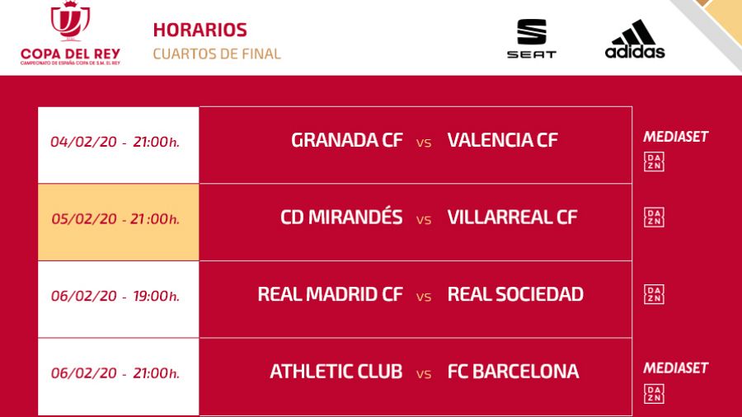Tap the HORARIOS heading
200,30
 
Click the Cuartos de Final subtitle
217,54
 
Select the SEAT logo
531,38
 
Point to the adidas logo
634,40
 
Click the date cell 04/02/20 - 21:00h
115,142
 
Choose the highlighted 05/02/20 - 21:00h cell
115,219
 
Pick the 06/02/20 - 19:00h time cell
115,296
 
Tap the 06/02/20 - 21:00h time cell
115,373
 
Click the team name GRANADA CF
347,140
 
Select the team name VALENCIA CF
502,140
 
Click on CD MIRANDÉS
341,218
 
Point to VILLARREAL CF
512,218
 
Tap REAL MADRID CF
330,294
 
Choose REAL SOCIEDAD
515,294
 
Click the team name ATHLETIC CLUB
336,372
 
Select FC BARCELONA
513,372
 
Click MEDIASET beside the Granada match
675,137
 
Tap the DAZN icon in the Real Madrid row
654,294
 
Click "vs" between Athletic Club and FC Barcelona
424,373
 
